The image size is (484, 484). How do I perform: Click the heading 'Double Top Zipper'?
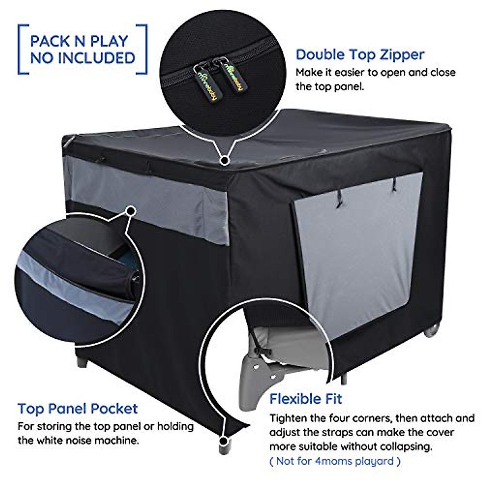point(360,54)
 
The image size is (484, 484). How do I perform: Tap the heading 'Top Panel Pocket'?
point(77,409)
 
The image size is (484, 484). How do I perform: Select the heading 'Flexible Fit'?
point(306,399)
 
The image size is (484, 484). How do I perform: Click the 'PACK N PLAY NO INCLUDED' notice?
point(82,49)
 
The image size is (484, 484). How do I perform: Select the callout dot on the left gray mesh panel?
point(130,211)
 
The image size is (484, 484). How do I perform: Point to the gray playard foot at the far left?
point(82,361)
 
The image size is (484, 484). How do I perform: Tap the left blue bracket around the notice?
point(23,50)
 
